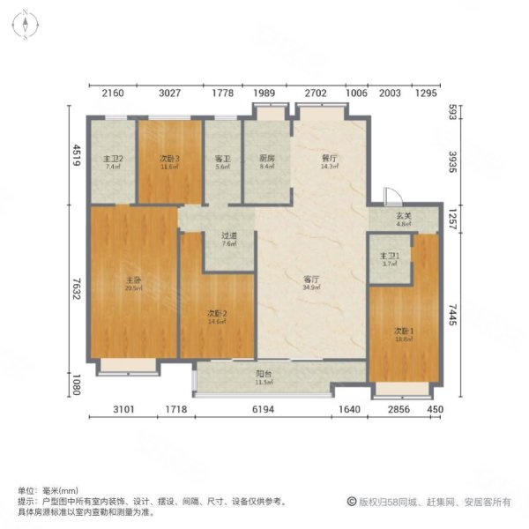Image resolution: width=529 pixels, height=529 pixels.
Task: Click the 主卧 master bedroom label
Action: (x=133, y=283)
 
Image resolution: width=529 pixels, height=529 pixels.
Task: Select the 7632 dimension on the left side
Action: (x=78, y=284)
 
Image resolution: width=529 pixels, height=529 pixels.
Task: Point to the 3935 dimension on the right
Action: (x=451, y=163)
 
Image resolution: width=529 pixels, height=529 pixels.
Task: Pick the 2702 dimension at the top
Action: (x=316, y=93)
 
